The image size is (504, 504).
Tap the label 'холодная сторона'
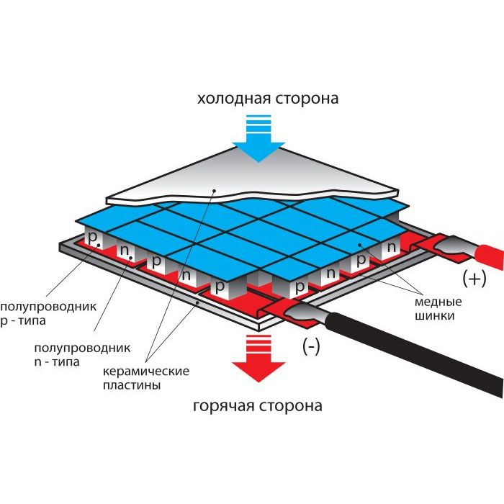(268, 99)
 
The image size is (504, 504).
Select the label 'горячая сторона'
(258, 405)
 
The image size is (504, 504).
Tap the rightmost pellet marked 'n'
(391, 247)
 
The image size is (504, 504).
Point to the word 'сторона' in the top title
(306, 99)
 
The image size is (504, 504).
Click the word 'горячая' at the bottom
(224, 405)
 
